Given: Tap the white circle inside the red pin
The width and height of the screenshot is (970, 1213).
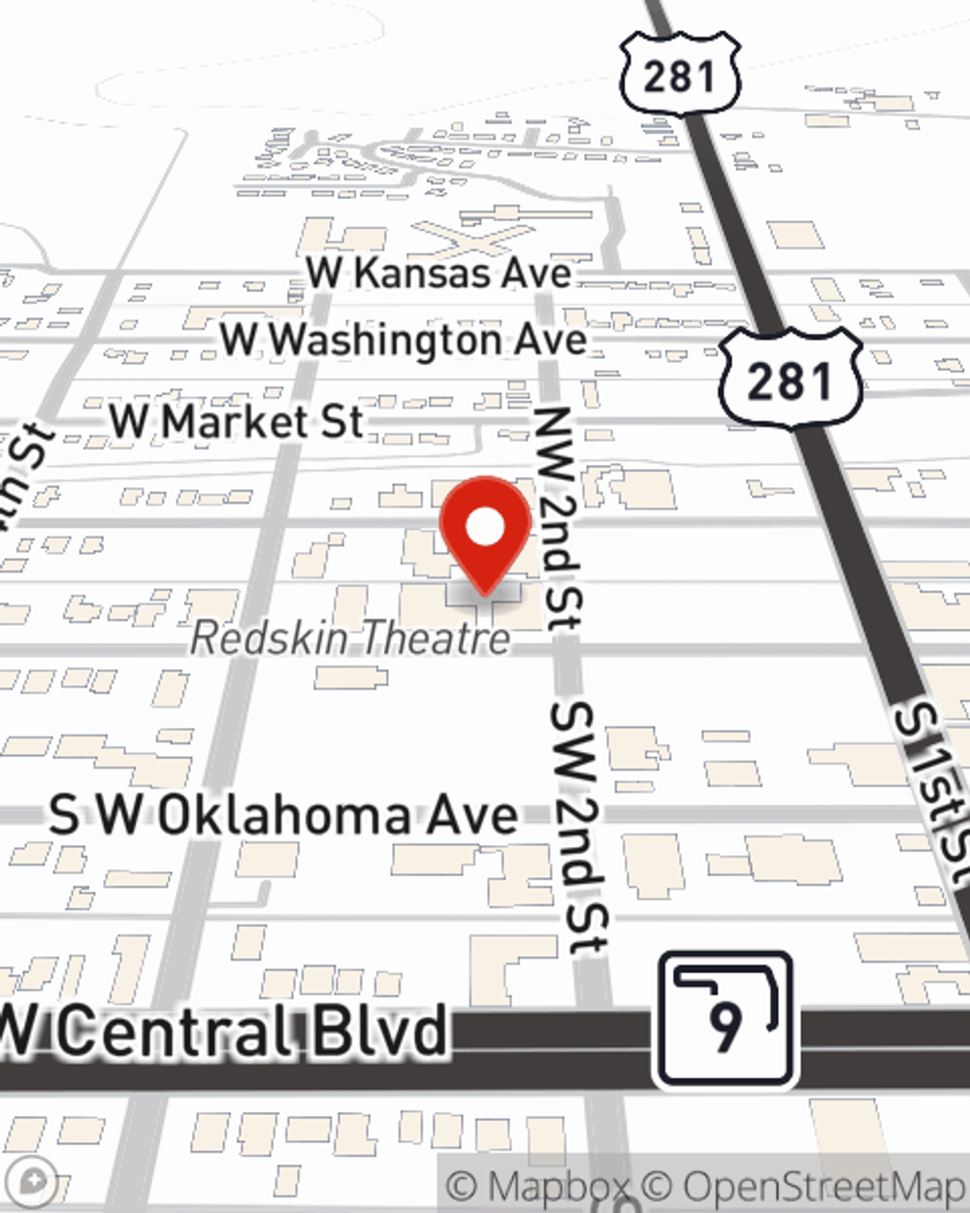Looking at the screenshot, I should point(486,528).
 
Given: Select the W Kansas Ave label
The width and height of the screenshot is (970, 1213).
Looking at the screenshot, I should point(439,273).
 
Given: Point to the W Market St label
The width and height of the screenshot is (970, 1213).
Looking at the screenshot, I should point(237,422).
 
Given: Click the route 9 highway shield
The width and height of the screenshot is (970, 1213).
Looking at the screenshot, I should point(726,1019).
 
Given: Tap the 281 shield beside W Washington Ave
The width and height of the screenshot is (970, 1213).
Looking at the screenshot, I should point(790,377).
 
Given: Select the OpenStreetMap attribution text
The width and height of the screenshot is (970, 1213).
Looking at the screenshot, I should point(821,1186).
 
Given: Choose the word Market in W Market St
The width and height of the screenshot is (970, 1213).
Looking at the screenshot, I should point(223,422).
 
